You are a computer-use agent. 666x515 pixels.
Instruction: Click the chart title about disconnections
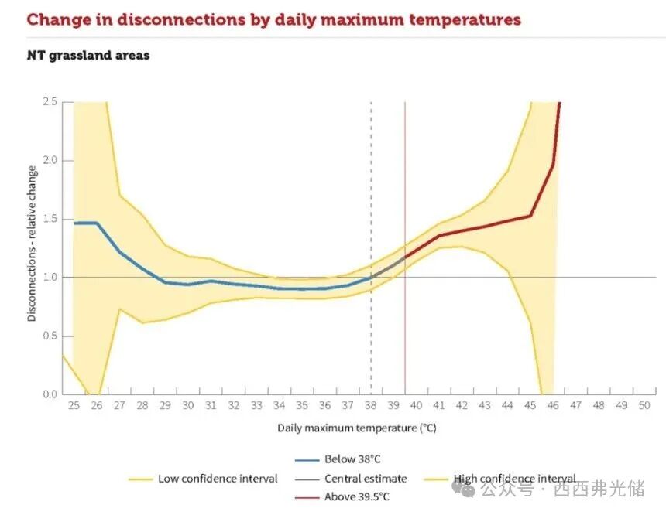coord(273,19)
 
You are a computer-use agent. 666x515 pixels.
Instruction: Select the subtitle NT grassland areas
coord(88,56)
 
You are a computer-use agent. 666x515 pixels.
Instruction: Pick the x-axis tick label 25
coord(74,405)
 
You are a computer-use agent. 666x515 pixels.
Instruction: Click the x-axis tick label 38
coord(371,405)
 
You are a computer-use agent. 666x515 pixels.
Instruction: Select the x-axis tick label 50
coord(644,405)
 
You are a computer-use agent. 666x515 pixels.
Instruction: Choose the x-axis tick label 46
coord(553,405)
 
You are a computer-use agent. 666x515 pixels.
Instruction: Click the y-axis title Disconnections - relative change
coord(32,243)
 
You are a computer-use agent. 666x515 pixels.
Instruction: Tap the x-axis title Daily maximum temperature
coord(357,427)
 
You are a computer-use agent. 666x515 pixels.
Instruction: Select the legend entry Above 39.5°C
coord(357,496)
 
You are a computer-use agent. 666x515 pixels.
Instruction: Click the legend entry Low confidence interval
coord(218,479)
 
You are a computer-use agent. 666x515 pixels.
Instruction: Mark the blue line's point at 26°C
coord(97,223)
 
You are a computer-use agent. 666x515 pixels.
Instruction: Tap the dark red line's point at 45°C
coord(530,216)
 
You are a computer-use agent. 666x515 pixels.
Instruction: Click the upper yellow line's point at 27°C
coord(119,194)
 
